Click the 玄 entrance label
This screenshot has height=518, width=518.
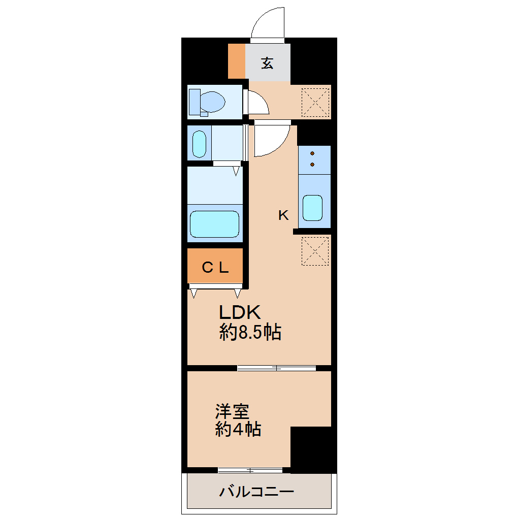tap(268, 63)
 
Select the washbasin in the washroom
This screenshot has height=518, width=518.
tap(199, 144)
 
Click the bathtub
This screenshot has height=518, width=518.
tap(214, 224)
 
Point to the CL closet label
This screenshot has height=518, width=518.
tap(215, 268)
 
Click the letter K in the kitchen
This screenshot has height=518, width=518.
tap(283, 215)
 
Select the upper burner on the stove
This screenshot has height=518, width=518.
tap(312, 153)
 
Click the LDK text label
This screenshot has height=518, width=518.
tap(240, 312)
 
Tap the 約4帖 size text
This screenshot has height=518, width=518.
tap(238, 430)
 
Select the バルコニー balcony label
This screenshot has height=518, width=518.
tap(257, 492)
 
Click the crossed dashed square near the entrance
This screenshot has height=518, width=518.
tap(316, 102)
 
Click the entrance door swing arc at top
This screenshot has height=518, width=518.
tap(268, 23)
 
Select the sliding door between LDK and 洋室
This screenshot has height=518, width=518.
tap(276, 368)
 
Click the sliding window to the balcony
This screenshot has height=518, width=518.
tap(250, 470)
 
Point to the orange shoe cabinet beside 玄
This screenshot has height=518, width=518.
tap(237, 61)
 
